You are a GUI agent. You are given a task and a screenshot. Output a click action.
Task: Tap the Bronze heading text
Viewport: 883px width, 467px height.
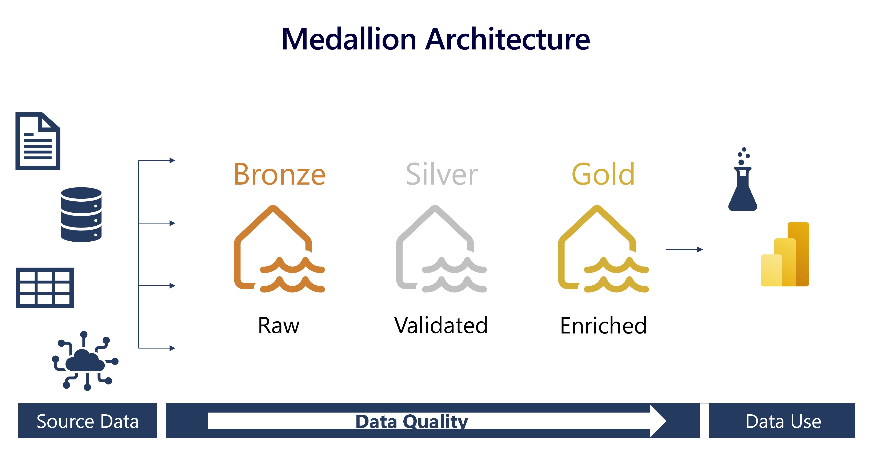click(x=280, y=174)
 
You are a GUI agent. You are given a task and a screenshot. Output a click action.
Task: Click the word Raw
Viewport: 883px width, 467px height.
click(x=279, y=326)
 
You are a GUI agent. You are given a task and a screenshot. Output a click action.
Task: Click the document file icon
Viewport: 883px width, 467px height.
click(x=38, y=141)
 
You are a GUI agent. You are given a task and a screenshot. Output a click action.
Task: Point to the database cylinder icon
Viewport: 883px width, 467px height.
click(x=81, y=214)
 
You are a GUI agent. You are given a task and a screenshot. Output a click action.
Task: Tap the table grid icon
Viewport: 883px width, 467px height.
click(x=45, y=288)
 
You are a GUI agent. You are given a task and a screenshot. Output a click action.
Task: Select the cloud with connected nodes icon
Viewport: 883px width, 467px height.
click(x=85, y=361)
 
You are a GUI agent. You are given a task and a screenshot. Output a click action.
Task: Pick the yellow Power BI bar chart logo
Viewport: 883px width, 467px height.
click(x=785, y=254)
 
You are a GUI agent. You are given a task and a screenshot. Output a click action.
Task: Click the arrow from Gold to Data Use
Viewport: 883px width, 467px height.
click(x=684, y=249)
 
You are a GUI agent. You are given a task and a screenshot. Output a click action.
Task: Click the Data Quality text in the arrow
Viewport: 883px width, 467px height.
click(x=412, y=421)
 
